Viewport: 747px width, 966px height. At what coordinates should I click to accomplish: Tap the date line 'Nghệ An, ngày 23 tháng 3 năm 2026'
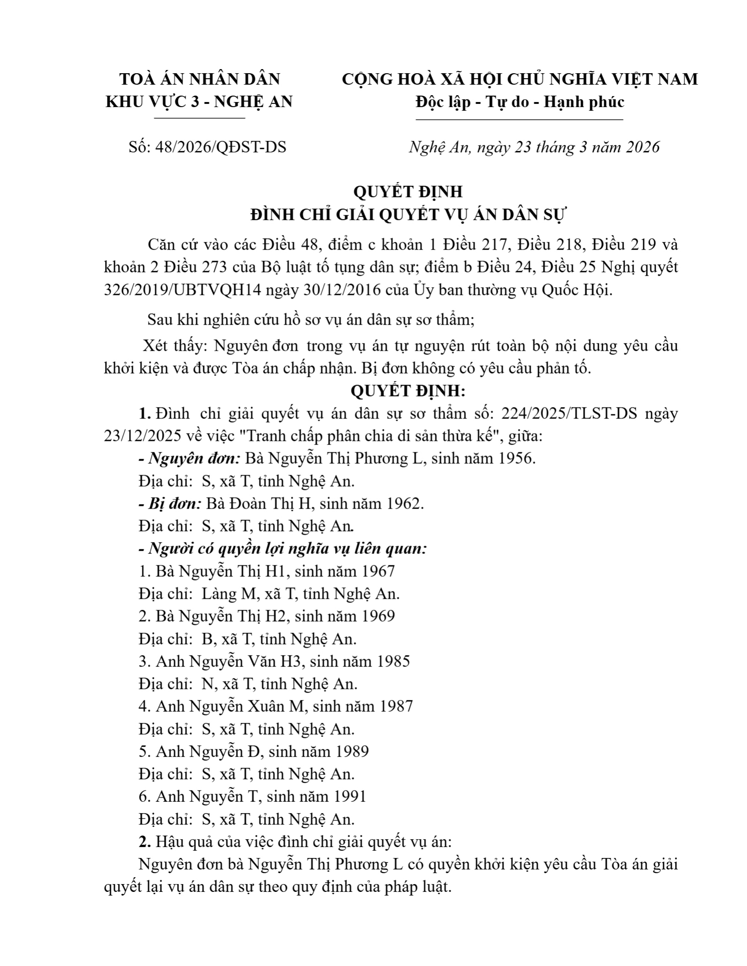point(534,147)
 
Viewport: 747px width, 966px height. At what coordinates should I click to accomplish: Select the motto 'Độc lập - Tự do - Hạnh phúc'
point(520,102)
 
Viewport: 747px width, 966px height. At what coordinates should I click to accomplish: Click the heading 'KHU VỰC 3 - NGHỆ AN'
point(199,102)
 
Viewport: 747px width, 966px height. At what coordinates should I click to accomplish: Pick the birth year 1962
point(403,504)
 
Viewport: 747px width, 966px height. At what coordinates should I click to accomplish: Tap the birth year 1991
point(349,796)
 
